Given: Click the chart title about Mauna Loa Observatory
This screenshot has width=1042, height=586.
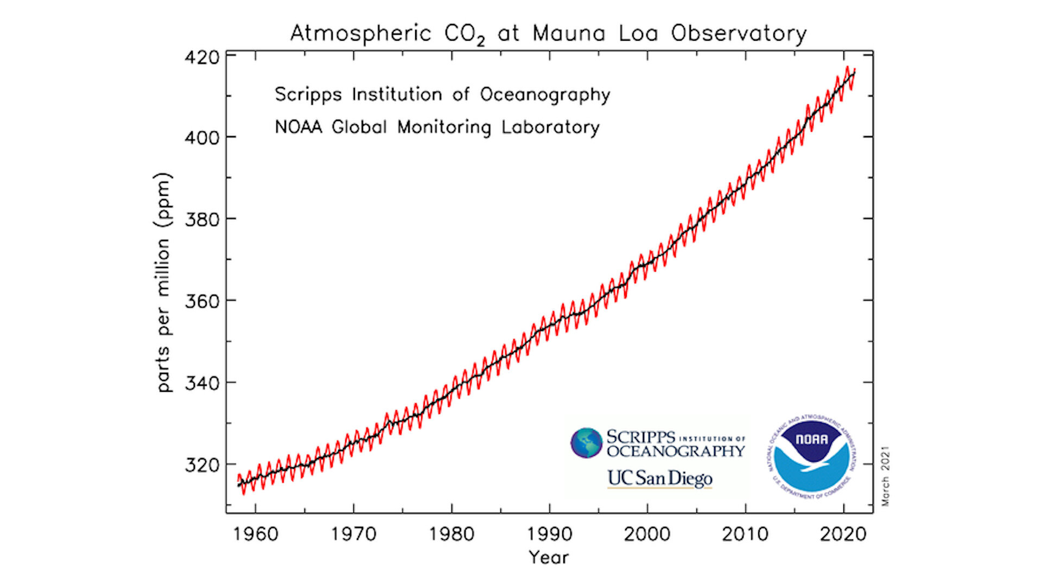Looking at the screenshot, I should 548,34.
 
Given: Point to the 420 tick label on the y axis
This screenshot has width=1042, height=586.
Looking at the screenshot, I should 202,58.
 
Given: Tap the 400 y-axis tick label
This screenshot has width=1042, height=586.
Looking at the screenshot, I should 202,138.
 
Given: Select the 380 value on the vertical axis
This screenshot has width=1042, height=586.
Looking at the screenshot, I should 202,220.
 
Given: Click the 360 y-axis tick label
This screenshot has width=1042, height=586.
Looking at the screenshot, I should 202,301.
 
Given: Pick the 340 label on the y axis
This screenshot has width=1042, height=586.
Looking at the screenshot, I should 202,383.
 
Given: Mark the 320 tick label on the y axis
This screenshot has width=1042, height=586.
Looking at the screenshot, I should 202,465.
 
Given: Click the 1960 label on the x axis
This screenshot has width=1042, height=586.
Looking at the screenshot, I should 256,534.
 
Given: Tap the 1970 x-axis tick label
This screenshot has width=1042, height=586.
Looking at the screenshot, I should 354,534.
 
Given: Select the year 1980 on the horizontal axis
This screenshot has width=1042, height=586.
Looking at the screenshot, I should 452,534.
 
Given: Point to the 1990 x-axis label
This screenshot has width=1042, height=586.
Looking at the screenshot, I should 550,534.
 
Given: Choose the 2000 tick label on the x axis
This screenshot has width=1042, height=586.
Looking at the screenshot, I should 647,534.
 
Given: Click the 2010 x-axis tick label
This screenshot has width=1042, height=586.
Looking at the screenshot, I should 745,534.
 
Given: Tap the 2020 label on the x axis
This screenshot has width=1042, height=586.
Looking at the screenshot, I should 843,534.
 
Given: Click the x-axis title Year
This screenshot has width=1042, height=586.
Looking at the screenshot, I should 549,557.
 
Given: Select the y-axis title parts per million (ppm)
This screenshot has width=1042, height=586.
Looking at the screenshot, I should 163,282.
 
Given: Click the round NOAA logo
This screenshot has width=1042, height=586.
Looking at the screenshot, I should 811,458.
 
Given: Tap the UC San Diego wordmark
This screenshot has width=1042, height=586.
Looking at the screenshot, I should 659,478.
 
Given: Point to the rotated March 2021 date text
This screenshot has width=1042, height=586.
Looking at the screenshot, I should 886,476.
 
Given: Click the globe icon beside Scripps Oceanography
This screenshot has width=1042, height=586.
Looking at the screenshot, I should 587,443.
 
